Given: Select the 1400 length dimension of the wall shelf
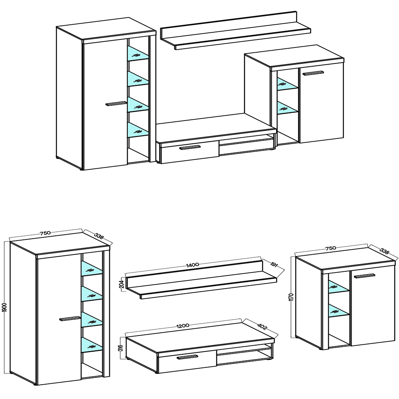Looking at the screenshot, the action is pyautogui.click(x=193, y=265).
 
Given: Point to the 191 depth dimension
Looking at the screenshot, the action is pyautogui.click(x=274, y=265).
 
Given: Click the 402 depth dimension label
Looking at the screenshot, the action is pyautogui.click(x=262, y=326).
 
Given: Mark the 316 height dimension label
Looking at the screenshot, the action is pyautogui.click(x=121, y=348).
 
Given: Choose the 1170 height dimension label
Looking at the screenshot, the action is pyautogui.click(x=292, y=297).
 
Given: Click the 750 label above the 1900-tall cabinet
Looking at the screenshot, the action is pyautogui.click(x=45, y=233).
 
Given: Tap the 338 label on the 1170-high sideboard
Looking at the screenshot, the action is pyautogui.click(x=384, y=251).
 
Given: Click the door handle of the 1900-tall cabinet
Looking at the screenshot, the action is pyautogui.click(x=69, y=318).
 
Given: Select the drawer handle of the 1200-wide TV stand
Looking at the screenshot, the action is pyautogui.click(x=187, y=357).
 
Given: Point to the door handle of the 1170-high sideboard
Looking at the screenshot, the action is pyautogui.click(x=364, y=276).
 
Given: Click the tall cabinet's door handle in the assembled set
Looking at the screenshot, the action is pyautogui.click(x=116, y=104).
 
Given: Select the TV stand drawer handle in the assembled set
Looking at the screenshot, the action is pyautogui.click(x=190, y=148).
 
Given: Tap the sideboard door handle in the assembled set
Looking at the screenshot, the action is pyautogui.click(x=313, y=73).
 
